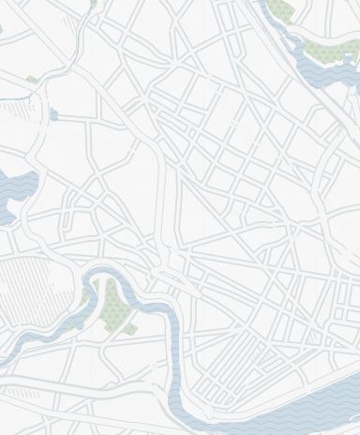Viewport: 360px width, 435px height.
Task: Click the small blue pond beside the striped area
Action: (52, 114)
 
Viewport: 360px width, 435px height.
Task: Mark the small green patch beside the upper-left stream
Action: (36, 79)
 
